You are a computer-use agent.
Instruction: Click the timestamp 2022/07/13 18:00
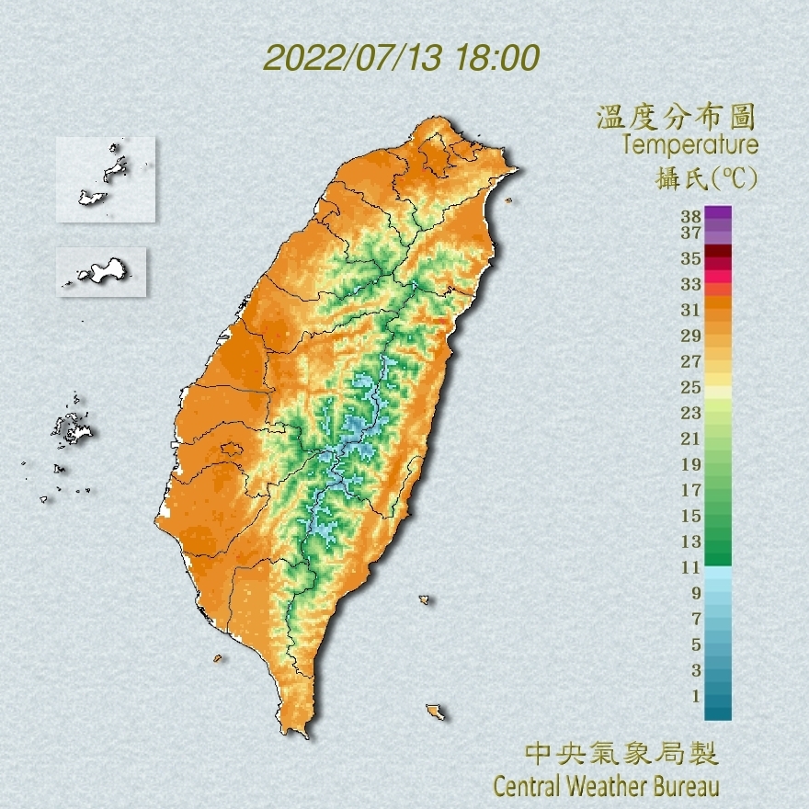pos(401,58)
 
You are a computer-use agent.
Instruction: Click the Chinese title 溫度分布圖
pos(677,118)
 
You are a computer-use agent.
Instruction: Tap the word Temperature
pos(689,144)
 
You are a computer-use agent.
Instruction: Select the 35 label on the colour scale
pos(691,258)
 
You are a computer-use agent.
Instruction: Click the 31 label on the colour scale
pos(691,309)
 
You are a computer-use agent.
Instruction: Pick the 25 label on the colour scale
pos(691,386)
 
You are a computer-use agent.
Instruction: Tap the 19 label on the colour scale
pos(691,463)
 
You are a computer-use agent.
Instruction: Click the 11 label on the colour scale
pos(691,567)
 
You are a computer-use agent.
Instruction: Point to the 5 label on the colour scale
pos(696,644)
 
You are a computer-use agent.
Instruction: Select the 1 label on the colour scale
pos(696,696)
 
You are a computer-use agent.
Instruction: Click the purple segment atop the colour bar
pos(718,213)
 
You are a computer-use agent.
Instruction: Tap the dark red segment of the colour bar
pos(718,252)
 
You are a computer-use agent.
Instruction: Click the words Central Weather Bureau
pos(606,786)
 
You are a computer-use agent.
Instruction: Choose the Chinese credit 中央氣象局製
pos(621,755)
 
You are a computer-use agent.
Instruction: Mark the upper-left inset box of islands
pos(105,179)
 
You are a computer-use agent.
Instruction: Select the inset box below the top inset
pos(101,271)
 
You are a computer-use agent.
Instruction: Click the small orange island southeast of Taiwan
pos(435,712)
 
